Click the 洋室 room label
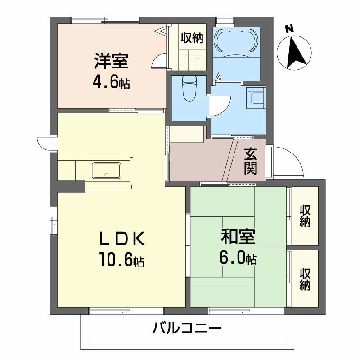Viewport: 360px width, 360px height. [111, 61]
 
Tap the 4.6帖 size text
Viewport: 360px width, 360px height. [111, 82]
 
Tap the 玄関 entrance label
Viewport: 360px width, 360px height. [251, 162]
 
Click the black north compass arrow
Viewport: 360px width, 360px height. [296, 52]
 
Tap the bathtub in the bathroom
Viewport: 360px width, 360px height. [236, 40]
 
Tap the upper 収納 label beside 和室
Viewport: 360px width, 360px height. [305, 216]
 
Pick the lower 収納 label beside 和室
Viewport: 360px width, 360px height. [305, 279]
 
